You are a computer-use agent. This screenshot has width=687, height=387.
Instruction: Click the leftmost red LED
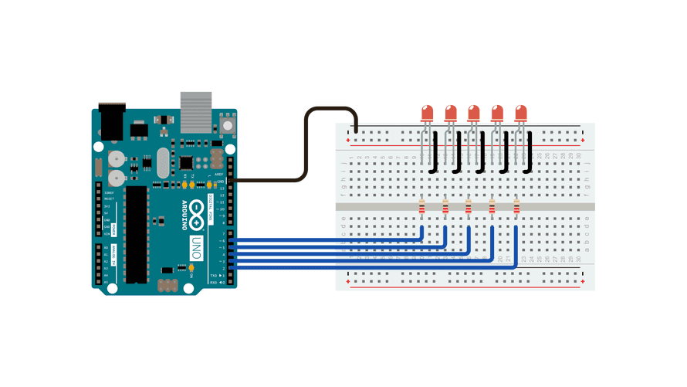(x=427, y=113)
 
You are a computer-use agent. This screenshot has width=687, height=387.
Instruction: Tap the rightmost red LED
(x=521, y=113)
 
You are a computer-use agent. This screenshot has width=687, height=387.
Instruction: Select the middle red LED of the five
(x=474, y=113)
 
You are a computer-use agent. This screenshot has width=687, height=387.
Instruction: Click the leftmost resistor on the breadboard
(x=421, y=207)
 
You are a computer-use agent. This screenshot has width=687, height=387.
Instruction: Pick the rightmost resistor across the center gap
(x=516, y=207)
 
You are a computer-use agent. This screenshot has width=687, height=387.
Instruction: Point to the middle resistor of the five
(x=469, y=207)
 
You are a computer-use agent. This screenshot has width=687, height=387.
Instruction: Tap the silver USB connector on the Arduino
(x=195, y=109)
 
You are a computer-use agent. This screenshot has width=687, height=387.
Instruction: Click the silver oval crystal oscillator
(x=161, y=163)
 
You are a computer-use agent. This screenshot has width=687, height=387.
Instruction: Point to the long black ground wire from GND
(x=306, y=147)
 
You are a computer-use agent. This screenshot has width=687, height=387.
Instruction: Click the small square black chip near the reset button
(x=187, y=163)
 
